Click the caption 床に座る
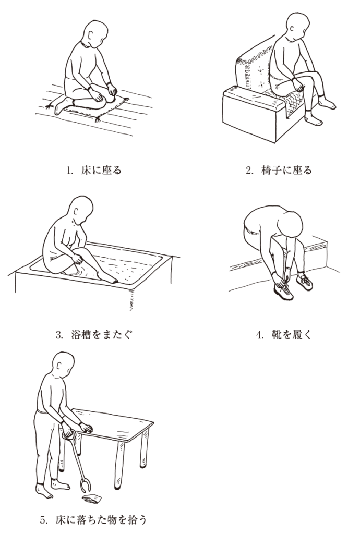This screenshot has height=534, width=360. tap(101, 169)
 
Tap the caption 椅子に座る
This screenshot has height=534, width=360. tap(286, 169)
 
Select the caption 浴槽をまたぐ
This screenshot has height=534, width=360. tap(102, 334)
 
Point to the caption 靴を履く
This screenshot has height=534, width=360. tap(291, 335)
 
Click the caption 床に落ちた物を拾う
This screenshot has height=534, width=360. tap(101, 520)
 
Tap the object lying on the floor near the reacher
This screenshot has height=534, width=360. tap(92, 499)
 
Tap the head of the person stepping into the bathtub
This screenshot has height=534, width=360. tap(81, 209)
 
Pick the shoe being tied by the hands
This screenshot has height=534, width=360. tap(283, 292)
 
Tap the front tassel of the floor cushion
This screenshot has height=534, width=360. tap(97, 119)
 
